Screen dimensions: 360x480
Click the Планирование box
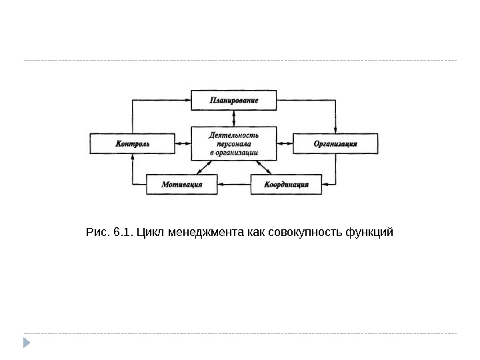pyautogui.click(x=233, y=101)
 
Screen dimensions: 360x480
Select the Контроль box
pyautogui.click(x=132, y=143)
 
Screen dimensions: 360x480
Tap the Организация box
pyautogui.click(x=335, y=143)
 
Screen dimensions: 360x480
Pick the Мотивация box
pyautogui.click(x=181, y=185)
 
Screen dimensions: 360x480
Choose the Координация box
pyautogui.click(x=286, y=185)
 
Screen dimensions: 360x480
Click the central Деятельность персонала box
pyautogui.click(x=233, y=143)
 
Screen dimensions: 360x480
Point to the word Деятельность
pyautogui.click(x=233, y=135)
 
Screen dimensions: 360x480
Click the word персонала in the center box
pyautogui.click(x=233, y=143)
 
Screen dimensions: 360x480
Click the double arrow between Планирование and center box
pyautogui.click(x=233, y=118)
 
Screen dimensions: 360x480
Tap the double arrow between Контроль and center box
pyautogui.click(x=183, y=143)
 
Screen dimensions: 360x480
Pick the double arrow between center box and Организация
pyautogui.click(x=284, y=143)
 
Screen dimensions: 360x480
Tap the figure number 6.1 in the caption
pyautogui.click(x=122, y=233)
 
